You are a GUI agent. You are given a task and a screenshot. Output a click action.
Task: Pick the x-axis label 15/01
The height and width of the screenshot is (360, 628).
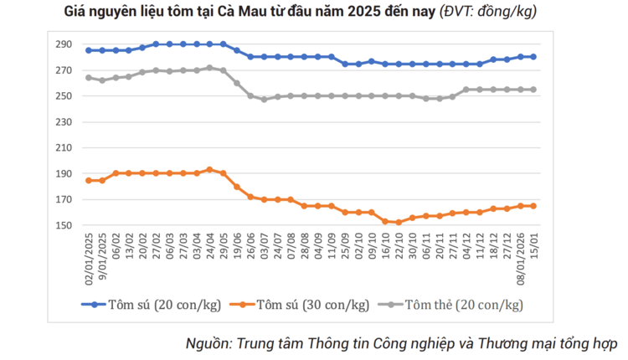pos(533,246)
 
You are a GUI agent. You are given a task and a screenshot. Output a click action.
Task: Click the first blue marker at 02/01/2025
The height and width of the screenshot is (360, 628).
pos(88,50)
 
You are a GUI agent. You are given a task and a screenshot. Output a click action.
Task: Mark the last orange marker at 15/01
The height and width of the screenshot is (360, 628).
pos(533,206)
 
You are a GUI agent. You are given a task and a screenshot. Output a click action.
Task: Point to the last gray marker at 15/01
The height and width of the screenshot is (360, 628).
pos(533,90)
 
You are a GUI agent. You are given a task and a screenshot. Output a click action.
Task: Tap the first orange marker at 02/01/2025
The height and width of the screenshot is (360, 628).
pos(88,180)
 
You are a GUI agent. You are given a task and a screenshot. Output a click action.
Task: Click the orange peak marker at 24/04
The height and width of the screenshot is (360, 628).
pos(209,169)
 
